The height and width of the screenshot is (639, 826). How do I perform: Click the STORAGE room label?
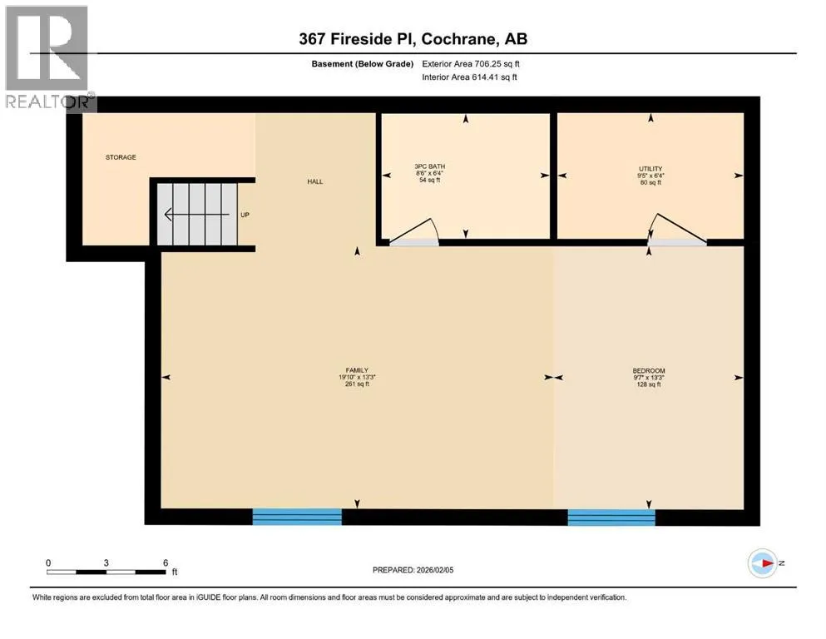point(121,157)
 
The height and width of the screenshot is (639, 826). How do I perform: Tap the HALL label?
point(315,181)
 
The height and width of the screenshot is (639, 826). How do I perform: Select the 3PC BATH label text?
point(430,166)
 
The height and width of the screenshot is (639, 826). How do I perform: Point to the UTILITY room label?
point(650,169)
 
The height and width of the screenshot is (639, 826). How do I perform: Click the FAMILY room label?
point(357,369)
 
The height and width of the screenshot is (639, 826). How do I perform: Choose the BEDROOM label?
point(649,370)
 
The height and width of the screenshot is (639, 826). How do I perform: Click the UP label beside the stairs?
point(245,215)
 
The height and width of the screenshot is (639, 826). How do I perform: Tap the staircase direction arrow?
point(196,215)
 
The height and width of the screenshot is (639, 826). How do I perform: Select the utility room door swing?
point(678,229)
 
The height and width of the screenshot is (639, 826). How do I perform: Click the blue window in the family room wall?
point(297,517)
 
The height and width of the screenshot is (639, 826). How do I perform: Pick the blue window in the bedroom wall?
point(611,518)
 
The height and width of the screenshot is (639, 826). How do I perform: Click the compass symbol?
point(763,563)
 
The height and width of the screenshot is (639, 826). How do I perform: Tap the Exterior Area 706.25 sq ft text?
point(471,64)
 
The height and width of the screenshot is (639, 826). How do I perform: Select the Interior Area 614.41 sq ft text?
point(469,77)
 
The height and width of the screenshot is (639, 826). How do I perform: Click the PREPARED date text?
point(413,570)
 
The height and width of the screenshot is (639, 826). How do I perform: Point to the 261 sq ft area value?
point(357,384)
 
